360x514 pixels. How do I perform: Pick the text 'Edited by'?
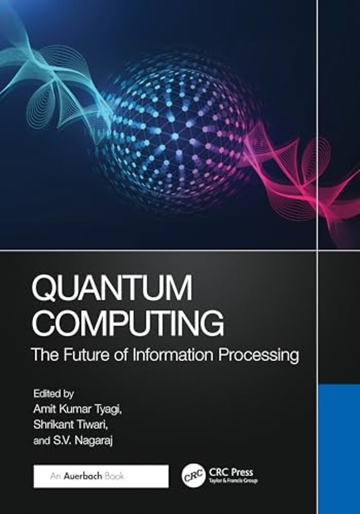click(x=53, y=394)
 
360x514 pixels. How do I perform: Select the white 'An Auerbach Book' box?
click(x=101, y=476)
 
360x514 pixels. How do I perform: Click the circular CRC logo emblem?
click(x=192, y=475)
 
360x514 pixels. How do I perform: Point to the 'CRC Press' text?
click(x=232, y=472)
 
